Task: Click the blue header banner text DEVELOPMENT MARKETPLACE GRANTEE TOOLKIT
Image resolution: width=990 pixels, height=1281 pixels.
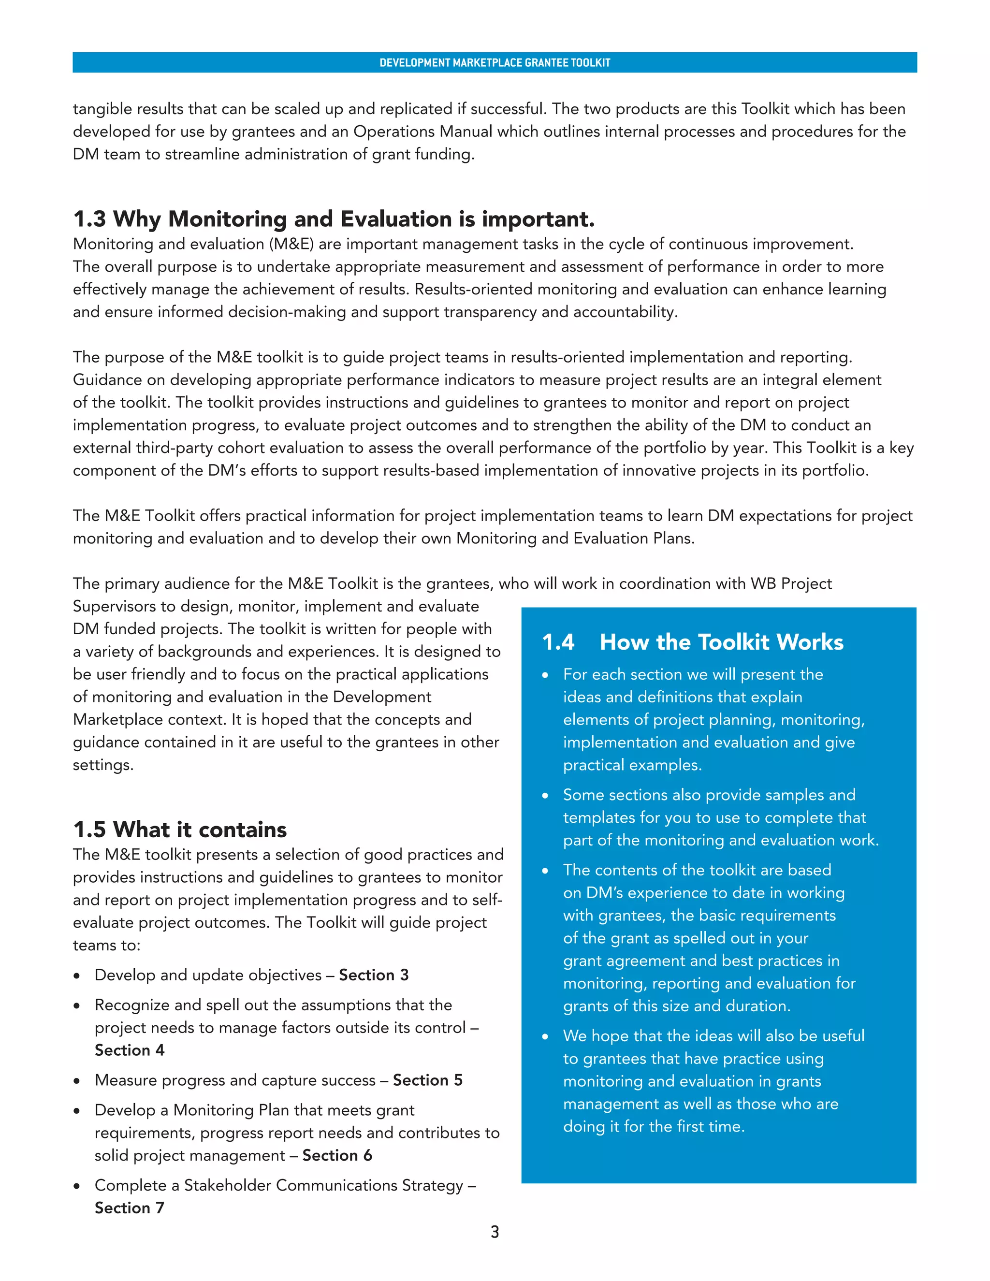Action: (x=495, y=63)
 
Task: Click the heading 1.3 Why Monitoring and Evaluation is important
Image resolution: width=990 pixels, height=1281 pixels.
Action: (x=334, y=219)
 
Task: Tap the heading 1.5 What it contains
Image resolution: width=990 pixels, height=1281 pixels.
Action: (x=180, y=830)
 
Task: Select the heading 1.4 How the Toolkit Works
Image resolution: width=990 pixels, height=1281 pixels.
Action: (x=692, y=641)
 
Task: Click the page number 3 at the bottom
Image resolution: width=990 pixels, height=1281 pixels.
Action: (x=495, y=1232)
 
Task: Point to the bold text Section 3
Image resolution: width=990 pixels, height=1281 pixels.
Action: (x=374, y=975)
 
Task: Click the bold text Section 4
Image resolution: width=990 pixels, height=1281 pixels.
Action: (x=130, y=1050)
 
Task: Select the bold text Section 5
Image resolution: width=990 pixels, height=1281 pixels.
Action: (x=427, y=1080)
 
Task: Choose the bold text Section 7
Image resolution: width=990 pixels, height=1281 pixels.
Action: (x=130, y=1208)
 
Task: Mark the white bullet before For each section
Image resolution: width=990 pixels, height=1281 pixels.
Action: (x=545, y=676)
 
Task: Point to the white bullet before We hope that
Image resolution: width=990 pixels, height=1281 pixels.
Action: (x=545, y=1037)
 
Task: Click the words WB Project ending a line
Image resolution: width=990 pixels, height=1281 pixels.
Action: (x=791, y=583)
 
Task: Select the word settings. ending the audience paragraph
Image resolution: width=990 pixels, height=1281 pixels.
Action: (x=103, y=765)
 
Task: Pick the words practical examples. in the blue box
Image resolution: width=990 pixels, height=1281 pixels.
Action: (x=632, y=765)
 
